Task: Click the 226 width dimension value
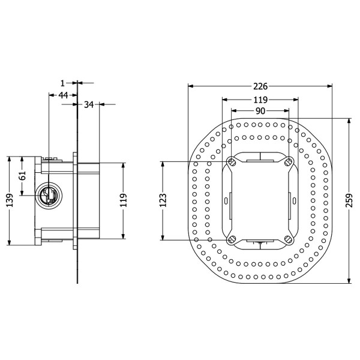pyautogui.click(x=260, y=86)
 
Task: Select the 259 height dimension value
pyautogui.click(x=349, y=200)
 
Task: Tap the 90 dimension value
pyautogui.click(x=260, y=111)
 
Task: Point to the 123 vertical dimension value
pyautogui.click(x=163, y=200)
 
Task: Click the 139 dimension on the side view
pyautogui.click(x=10, y=200)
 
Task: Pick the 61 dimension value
pyautogui.click(x=22, y=176)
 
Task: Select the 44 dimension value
pyautogui.click(x=63, y=95)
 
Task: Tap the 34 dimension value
pyautogui.click(x=89, y=104)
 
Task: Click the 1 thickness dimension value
pyautogui.click(x=62, y=83)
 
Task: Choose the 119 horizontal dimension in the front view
pyautogui.click(x=260, y=100)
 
